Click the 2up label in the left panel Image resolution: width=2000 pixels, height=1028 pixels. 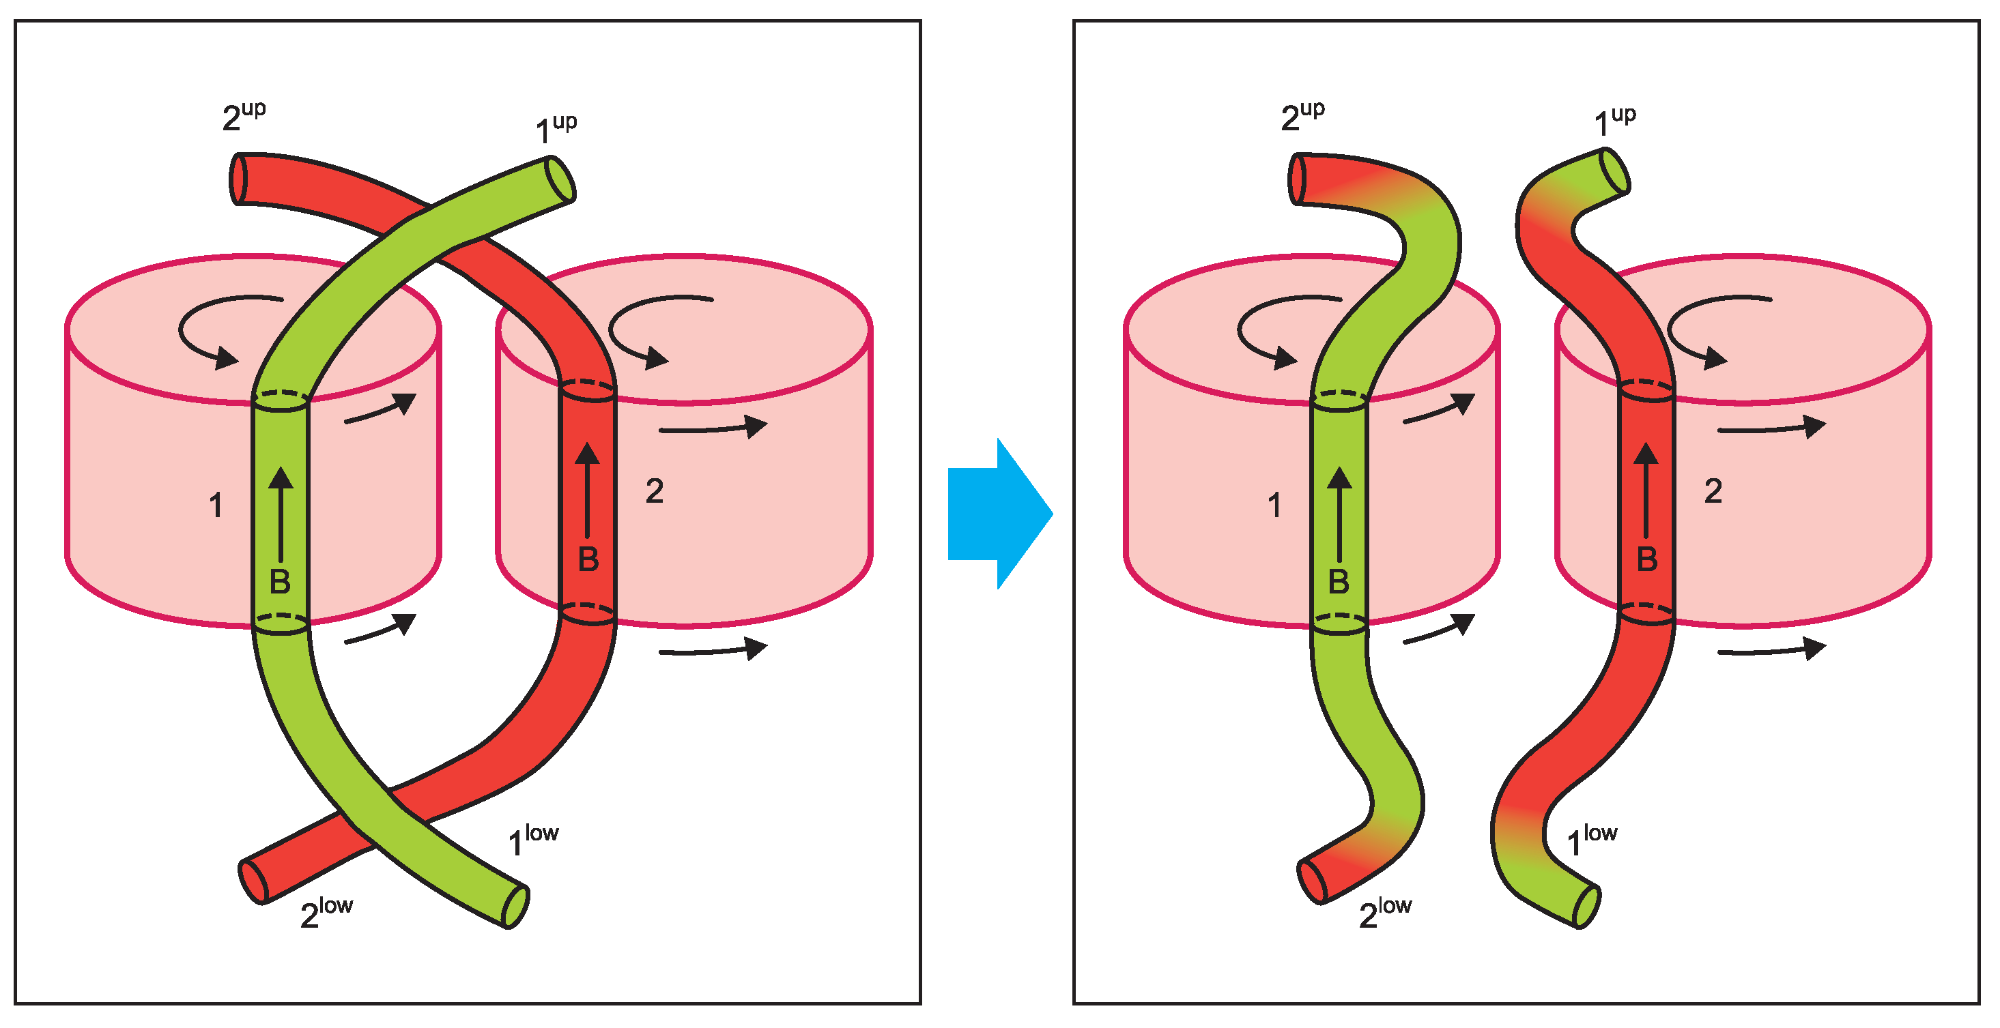tap(243, 117)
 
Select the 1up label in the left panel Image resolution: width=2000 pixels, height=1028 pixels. tap(556, 129)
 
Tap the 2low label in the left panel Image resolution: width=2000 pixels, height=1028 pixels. tap(326, 913)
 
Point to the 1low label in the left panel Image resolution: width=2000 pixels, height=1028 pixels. tap(532, 840)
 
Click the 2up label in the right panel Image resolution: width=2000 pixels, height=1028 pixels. tap(1302, 117)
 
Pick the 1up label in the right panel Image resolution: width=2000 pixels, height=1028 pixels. tap(1614, 123)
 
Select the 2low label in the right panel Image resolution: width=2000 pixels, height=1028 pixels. tap(1384, 913)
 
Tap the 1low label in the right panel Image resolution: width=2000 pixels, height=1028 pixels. tap(1591, 840)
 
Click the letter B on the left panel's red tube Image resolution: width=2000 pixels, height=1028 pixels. tap(588, 559)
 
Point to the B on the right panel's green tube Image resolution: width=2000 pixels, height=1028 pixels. tap(1339, 582)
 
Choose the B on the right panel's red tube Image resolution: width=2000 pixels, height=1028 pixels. tap(1646, 559)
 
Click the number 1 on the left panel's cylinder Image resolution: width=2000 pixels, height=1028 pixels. tap(216, 506)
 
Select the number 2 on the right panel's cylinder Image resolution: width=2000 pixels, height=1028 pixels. tap(1713, 491)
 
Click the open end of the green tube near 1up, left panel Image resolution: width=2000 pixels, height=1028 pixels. tap(559, 179)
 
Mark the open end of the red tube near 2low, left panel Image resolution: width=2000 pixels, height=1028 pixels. tap(253, 882)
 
